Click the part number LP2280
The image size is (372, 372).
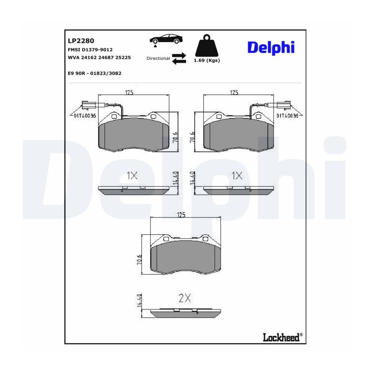pyautogui.click(x=81, y=41)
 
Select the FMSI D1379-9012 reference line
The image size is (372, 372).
pyautogui.click(x=90, y=50)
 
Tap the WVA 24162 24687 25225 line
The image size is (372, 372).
pyautogui.click(x=99, y=57)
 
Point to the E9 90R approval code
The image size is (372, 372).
pyautogui.click(x=94, y=73)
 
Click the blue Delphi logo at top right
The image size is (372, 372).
pyautogui.click(x=271, y=48)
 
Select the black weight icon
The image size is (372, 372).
pyautogui.click(x=206, y=46)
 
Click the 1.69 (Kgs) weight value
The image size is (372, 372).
pyautogui.click(x=207, y=60)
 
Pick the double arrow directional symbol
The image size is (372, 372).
pyautogui.click(x=179, y=58)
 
